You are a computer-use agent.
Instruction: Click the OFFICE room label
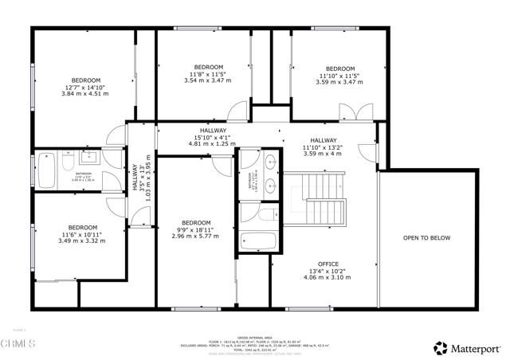[328, 264]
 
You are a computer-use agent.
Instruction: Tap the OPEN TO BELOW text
[426, 238]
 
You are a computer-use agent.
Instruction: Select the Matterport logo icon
[440, 347]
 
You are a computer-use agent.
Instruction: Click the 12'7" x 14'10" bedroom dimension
[85, 87]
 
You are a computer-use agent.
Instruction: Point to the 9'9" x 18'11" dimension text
[195, 229]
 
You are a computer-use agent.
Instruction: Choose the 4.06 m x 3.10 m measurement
[328, 278]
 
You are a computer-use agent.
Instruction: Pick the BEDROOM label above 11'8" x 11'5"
[209, 67]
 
